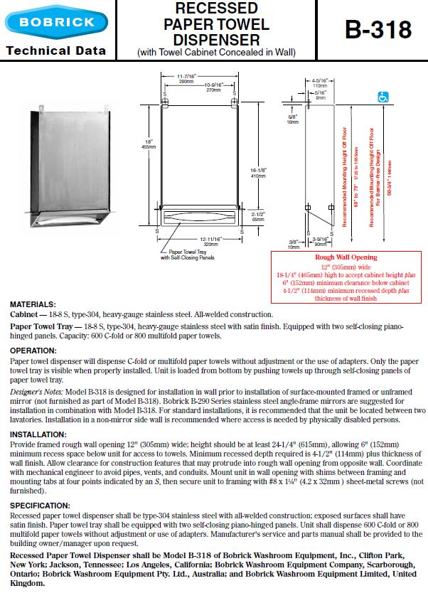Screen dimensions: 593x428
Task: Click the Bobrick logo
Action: (x=57, y=22)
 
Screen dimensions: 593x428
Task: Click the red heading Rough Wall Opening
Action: (x=346, y=257)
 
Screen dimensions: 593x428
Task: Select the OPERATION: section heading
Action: (x=33, y=351)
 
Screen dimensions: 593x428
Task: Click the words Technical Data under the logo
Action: (x=55, y=50)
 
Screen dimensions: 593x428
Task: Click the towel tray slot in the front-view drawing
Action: (x=199, y=215)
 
